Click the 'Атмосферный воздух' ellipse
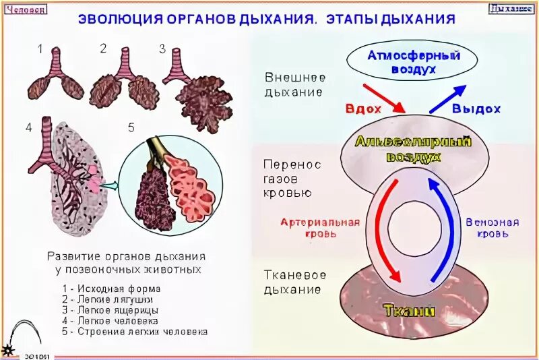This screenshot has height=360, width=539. click(x=402, y=62)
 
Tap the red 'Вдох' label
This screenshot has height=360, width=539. click(x=364, y=109)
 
